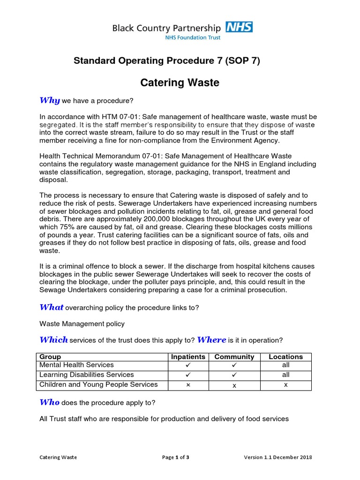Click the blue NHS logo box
239,27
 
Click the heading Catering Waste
180,83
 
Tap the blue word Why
49,100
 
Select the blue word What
52,307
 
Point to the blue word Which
53,340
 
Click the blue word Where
211,340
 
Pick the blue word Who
49,402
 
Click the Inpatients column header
188,357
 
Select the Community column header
234,357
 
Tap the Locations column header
285,357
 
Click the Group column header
50,357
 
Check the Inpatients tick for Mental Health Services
188,365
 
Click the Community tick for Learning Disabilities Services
234,375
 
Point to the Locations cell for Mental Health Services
285,365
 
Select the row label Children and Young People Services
98,384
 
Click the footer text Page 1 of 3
176,457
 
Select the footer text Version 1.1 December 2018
278,457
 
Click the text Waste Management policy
82,323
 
